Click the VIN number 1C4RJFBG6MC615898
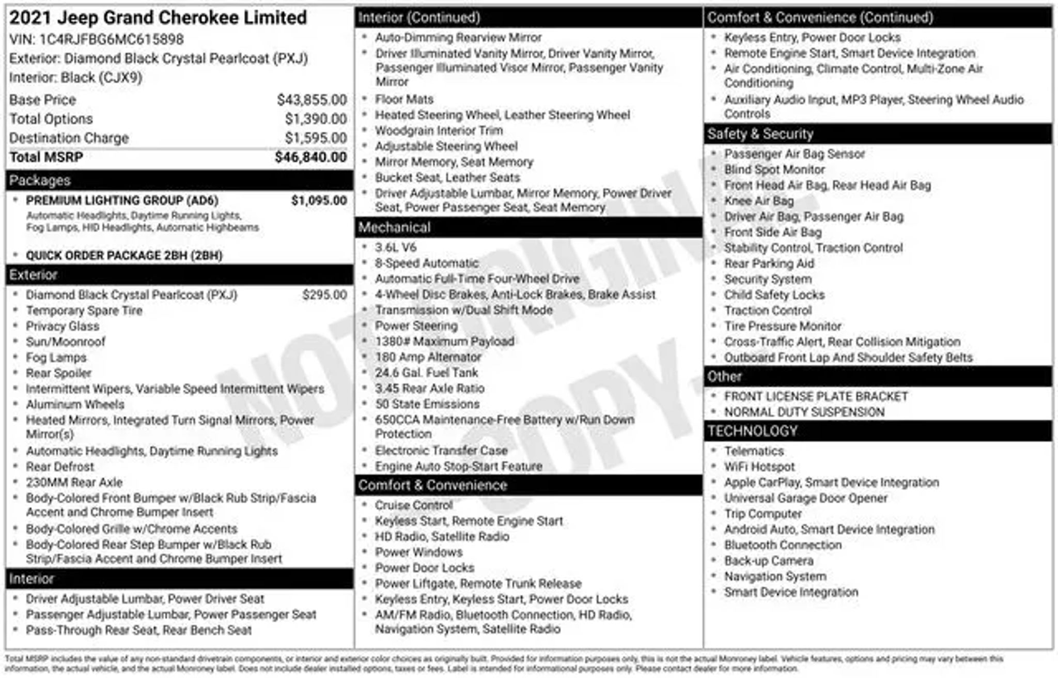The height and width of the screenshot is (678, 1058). click(111, 39)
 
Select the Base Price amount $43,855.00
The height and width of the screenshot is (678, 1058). click(312, 100)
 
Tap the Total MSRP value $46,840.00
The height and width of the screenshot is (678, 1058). click(310, 157)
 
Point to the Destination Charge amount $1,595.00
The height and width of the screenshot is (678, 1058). click(316, 138)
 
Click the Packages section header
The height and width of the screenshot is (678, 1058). click(40, 180)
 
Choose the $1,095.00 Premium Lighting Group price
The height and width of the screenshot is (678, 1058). click(319, 201)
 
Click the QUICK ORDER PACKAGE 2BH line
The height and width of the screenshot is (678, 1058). click(124, 256)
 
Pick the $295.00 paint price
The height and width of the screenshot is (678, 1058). click(324, 295)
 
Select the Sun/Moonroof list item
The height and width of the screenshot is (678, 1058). click(66, 342)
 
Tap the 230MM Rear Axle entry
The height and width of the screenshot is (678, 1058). click(74, 482)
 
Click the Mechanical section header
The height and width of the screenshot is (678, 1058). click(394, 227)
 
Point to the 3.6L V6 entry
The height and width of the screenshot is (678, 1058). click(396, 247)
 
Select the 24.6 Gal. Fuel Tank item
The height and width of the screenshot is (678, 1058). click(426, 373)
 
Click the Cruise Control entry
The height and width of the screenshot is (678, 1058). click(414, 505)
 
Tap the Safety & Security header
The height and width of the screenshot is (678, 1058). click(760, 134)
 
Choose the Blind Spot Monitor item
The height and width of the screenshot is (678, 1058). click(774, 169)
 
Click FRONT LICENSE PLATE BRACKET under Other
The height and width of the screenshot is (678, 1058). click(816, 396)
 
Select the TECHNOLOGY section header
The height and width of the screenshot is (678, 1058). click(752, 431)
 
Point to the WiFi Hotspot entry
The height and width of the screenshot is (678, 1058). click(759, 467)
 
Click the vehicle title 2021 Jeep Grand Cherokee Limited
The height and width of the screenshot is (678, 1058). click(158, 18)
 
